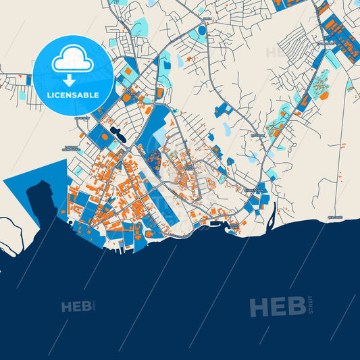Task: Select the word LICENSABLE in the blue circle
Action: [73, 95]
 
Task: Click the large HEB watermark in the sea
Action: [277, 307]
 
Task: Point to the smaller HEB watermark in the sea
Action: [76, 307]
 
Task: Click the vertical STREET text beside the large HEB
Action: [310, 305]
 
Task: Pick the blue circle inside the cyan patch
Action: [202, 31]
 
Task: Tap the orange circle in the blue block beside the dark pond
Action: [105, 135]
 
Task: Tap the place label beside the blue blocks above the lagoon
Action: [254, 192]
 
